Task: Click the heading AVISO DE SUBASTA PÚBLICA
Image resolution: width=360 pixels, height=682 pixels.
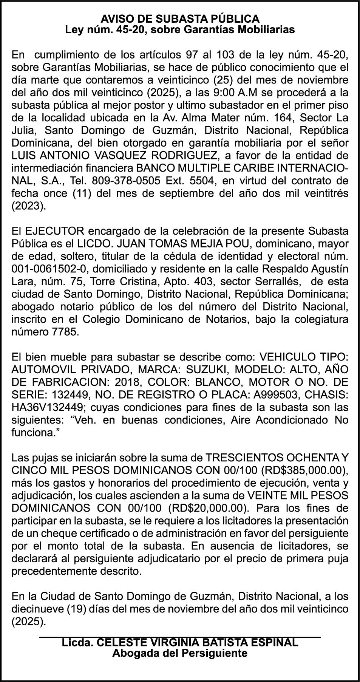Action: coord(180,19)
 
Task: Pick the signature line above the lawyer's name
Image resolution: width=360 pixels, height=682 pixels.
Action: coord(180,637)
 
